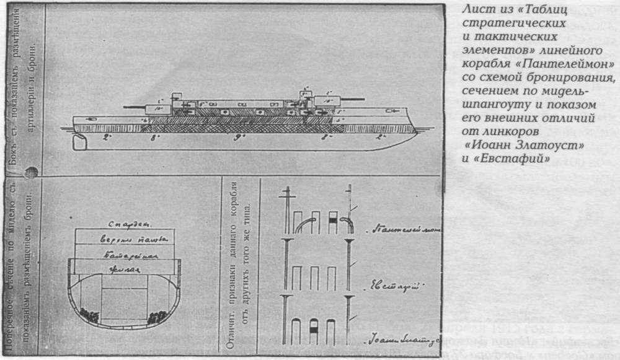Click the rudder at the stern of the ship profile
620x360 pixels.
82,141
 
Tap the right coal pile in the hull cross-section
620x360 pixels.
156,316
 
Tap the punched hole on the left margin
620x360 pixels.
30,172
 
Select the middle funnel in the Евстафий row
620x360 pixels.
314,278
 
